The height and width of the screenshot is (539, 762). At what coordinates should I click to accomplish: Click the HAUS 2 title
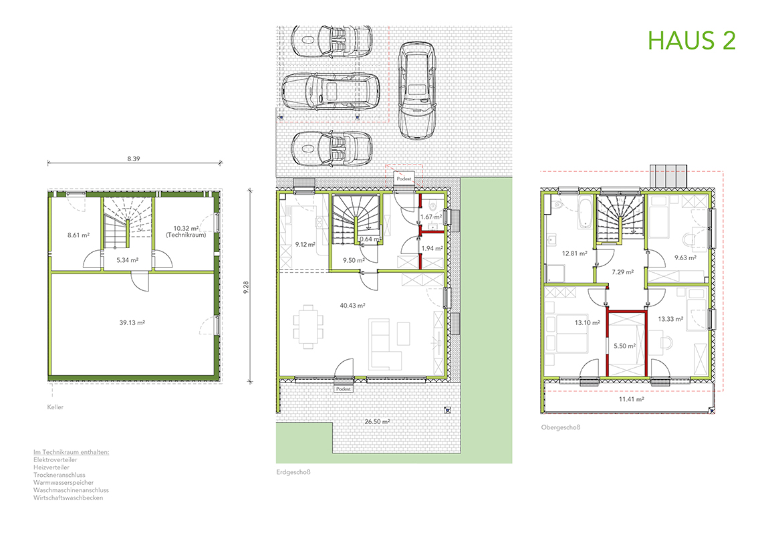click(x=692, y=40)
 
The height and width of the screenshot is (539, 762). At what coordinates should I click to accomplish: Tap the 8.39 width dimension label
click(x=134, y=159)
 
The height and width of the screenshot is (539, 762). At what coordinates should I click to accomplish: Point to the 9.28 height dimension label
click(x=246, y=288)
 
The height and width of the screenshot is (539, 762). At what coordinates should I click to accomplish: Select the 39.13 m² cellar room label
click(x=132, y=323)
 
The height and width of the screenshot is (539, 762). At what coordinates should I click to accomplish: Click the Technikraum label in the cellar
click(x=186, y=235)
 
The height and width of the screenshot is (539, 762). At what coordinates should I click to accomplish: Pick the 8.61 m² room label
click(x=78, y=235)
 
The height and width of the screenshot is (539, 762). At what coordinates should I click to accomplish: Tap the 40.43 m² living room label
click(x=352, y=306)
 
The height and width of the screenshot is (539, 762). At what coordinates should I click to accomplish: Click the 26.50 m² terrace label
click(x=377, y=421)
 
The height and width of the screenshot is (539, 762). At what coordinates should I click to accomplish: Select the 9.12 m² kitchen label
click(x=305, y=245)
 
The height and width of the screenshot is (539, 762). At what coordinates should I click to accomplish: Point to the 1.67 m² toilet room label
click(x=431, y=217)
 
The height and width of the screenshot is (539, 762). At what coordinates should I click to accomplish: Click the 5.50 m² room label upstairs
click(x=624, y=346)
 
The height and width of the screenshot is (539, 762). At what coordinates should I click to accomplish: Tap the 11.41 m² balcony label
click(x=631, y=399)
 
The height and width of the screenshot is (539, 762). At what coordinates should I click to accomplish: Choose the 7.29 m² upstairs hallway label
click(x=622, y=272)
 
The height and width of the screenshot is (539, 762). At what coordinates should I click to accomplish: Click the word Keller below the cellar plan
click(x=55, y=407)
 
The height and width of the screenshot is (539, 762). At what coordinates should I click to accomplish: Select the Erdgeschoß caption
click(x=293, y=472)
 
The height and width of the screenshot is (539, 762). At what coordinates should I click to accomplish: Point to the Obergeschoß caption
click(x=561, y=428)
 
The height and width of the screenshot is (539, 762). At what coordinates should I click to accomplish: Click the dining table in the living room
click(x=308, y=326)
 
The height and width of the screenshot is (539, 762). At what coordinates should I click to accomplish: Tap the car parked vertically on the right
click(x=416, y=90)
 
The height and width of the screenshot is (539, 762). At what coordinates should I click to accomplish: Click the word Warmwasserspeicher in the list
click(x=63, y=483)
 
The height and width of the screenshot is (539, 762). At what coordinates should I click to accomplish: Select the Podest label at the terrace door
click(x=344, y=389)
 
